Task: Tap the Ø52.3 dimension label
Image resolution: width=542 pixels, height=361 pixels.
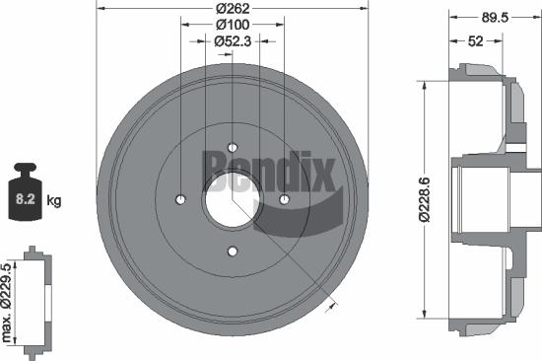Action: (233, 41)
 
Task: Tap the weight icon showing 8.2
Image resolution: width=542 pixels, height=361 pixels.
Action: (25, 198)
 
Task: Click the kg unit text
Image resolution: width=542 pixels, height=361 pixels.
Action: (54, 200)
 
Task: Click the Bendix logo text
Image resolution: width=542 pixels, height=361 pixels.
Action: (268, 168)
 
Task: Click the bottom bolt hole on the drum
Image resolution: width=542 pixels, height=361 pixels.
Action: (233, 252)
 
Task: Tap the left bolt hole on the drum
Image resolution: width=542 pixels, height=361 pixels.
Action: (181, 200)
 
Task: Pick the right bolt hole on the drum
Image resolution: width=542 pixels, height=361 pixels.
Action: (284, 200)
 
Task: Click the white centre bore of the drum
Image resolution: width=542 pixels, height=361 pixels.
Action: (233, 200)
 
